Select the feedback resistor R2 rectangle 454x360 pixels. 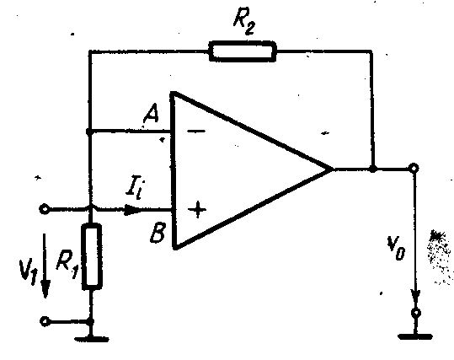[243, 51]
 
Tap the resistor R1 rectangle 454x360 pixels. [92, 256]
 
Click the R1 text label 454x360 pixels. [67, 263]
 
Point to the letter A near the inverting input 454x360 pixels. [151, 113]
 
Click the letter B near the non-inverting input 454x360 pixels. [158, 232]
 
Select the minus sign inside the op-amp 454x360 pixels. [196, 132]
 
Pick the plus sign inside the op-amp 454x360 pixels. [197, 209]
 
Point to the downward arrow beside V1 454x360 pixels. [45, 266]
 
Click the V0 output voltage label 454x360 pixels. [396, 248]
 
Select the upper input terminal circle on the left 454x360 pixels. [44, 209]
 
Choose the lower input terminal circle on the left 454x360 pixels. [45, 321]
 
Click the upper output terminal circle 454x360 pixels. [414, 168]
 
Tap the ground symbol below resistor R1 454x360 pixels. [92, 339]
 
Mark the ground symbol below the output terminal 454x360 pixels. [415, 336]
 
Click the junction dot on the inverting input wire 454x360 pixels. [89, 132]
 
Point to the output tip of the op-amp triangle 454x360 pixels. [332, 169]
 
